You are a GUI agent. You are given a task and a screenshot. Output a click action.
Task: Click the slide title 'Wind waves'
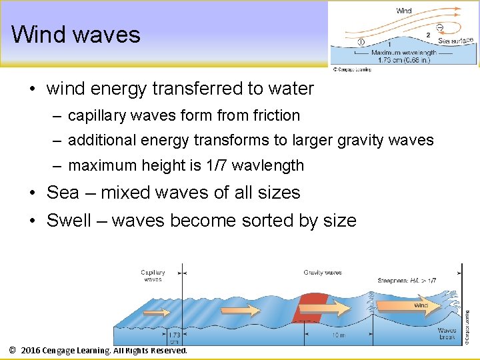coord(75,34)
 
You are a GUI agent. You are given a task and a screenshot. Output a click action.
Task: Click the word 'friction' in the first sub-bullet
coord(277,115)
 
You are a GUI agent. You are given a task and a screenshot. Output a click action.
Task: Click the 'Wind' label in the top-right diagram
coord(404,11)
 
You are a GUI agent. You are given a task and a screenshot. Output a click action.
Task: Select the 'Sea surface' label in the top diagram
coord(456,41)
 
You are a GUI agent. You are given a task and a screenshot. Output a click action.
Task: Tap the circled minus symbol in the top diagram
coord(440,27)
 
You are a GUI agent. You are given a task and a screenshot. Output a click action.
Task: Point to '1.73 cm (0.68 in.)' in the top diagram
coord(403,60)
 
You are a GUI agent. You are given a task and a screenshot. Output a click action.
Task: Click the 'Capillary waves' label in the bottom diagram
coord(153,275)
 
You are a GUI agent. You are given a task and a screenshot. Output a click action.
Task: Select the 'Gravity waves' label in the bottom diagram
coord(323,273)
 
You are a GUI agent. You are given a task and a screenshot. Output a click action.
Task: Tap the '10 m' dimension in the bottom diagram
coord(338,335)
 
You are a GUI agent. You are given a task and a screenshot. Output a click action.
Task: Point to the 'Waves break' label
coord(447,333)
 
